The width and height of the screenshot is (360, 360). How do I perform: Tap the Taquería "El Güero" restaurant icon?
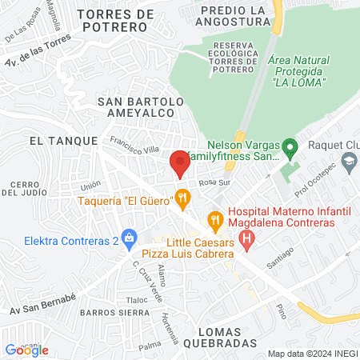182,195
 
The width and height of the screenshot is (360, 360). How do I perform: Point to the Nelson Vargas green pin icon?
291,146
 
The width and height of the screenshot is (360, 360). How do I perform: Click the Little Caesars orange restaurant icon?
214,218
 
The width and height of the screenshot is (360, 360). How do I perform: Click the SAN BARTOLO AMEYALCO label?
141,107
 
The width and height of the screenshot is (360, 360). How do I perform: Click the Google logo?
27,350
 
